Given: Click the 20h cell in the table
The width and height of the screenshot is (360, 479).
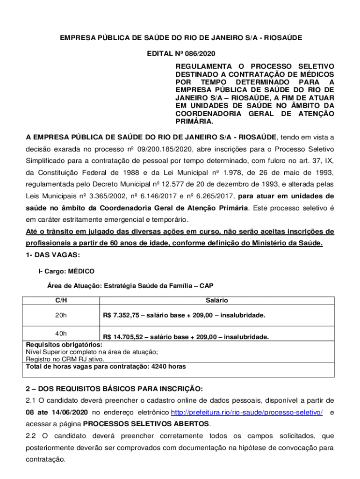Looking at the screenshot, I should pyautogui.click(x=61, y=315).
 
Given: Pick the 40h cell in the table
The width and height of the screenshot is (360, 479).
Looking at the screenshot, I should pyautogui.click(x=61, y=334).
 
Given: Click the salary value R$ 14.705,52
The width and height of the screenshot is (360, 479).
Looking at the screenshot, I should pyautogui.click(x=124, y=337).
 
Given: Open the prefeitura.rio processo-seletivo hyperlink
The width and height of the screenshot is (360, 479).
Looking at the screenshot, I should pyautogui.click(x=247, y=413).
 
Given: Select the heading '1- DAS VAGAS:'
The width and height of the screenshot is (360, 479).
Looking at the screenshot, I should pyautogui.click(x=53, y=255).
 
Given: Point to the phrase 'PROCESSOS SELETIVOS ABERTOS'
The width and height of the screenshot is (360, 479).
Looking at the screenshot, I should pyautogui.click(x=146, y=424).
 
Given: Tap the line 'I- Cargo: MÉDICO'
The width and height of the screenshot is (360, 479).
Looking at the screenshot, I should pyautogui.click(x=66, y=271).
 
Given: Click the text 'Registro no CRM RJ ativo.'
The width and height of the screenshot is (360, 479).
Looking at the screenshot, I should pyautogui.click(x=65, y=359).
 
